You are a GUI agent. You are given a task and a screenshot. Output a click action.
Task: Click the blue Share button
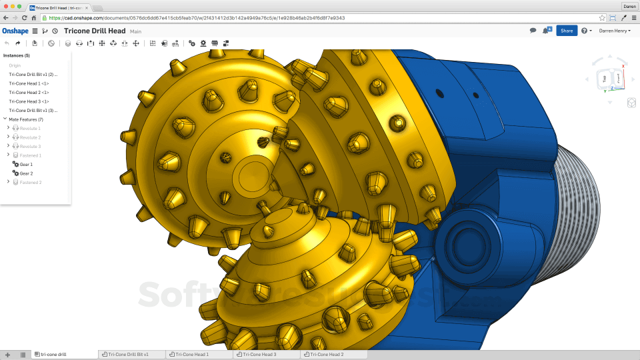(566, 31)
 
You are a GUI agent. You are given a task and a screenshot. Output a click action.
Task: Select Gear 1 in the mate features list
(26, 164)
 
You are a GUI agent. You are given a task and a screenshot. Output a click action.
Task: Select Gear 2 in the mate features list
(26, 173)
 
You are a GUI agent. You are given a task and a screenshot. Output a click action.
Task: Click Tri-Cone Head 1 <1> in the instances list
(29, 83)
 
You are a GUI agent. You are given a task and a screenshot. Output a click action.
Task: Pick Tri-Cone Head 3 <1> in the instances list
(29, 101)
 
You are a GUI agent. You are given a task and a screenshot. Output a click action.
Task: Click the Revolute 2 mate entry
(30, 137)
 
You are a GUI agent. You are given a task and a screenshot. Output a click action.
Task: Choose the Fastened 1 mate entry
(30, 155)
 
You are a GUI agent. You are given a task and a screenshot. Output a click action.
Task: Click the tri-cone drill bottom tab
(53, 355)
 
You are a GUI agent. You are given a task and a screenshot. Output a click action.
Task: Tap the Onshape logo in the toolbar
(15, 31)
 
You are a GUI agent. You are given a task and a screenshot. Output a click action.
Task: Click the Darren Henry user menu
(614, 31)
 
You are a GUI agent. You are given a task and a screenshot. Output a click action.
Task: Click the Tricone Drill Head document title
(95, 31)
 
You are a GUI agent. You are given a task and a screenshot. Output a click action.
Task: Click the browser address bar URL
(200, 18)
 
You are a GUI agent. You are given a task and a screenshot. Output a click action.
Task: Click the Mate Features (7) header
(26, 119)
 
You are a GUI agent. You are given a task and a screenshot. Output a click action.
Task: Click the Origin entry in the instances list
(15, 65)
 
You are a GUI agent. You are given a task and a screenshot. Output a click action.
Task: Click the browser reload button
(24, 18)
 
